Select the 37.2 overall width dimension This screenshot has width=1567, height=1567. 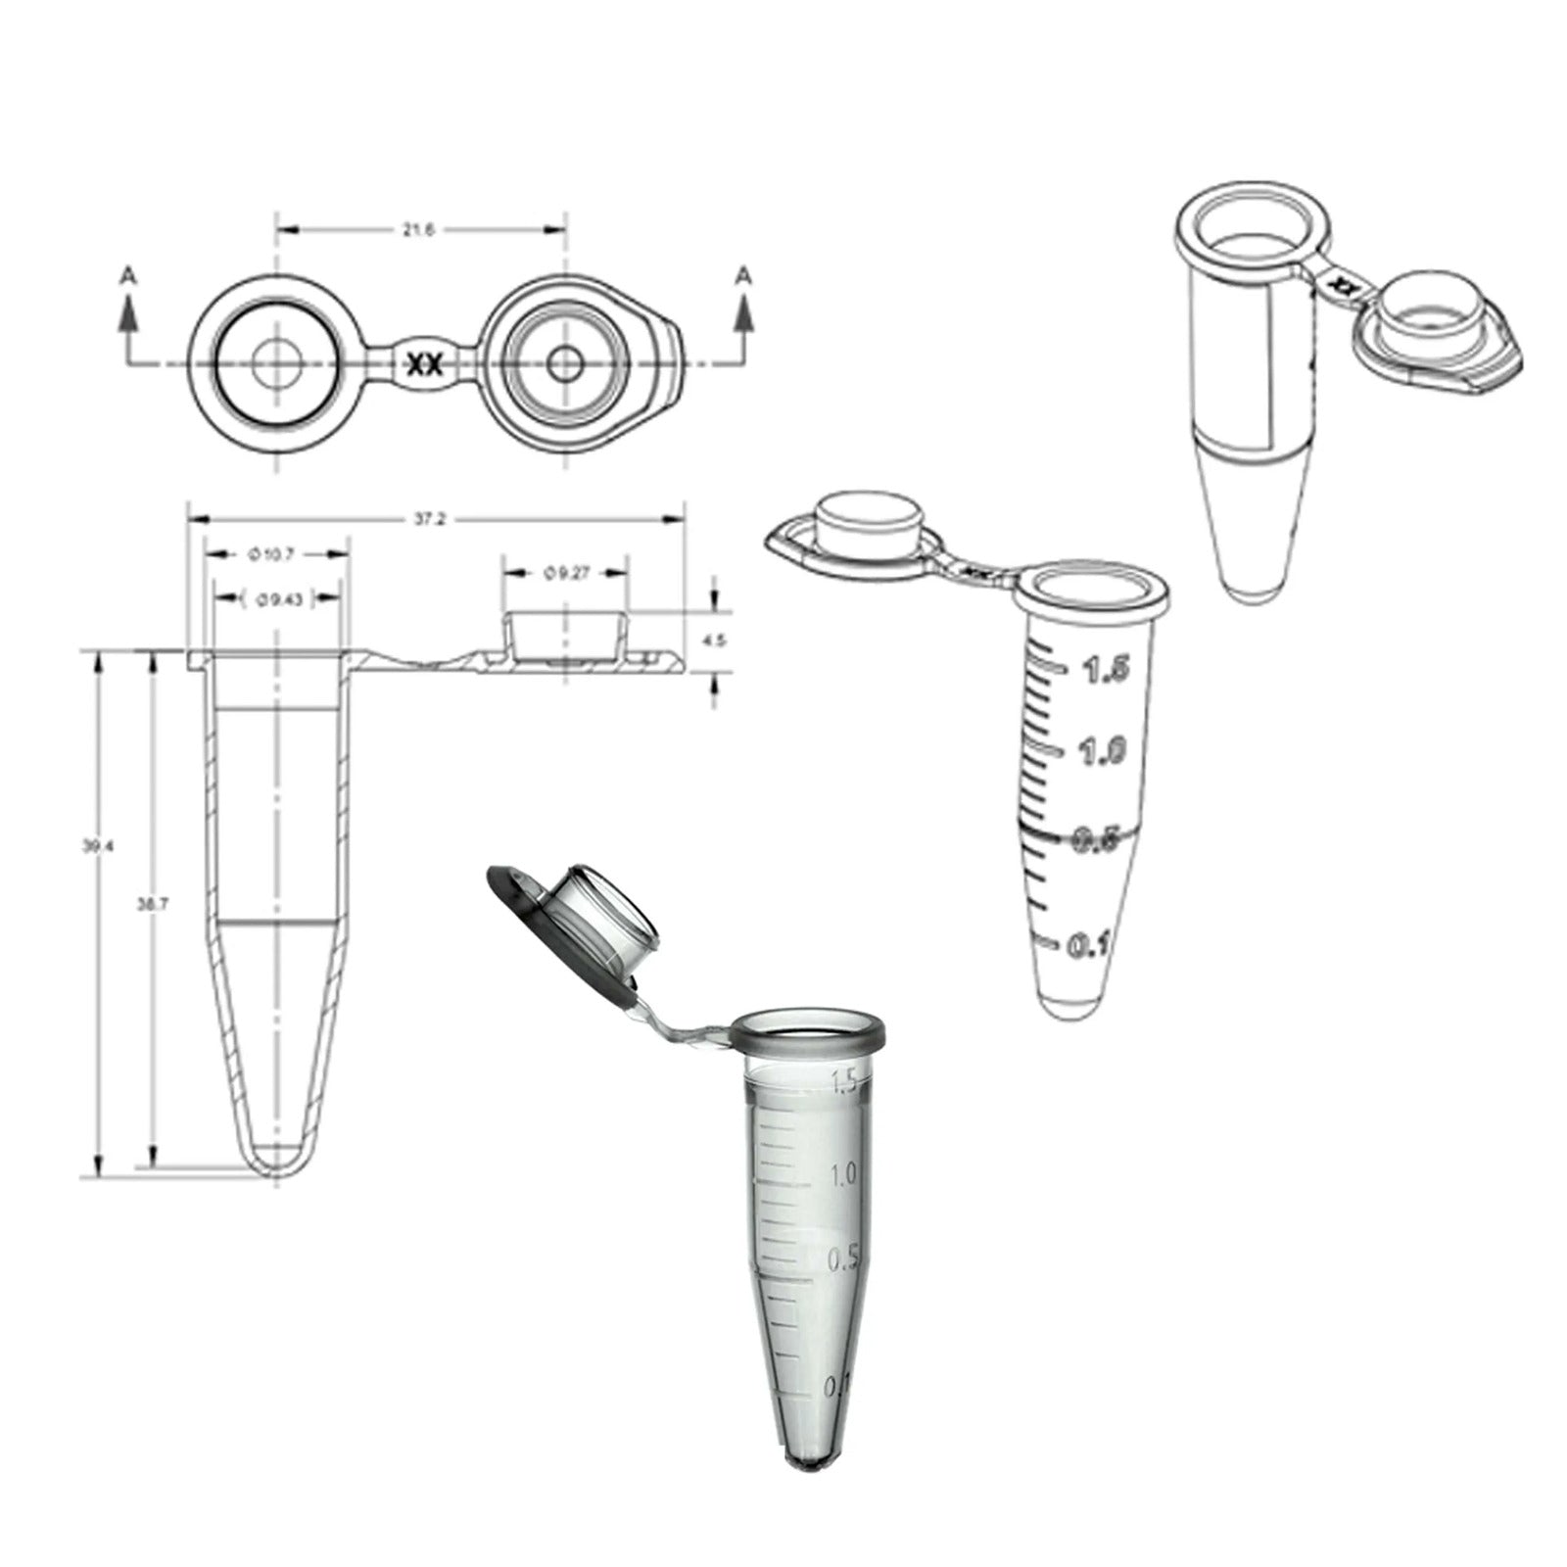click(435, 519)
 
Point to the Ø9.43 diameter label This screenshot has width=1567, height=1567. click(278, 600)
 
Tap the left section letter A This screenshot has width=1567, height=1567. click(127, 277)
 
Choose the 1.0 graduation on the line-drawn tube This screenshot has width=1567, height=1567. click(1101, 752)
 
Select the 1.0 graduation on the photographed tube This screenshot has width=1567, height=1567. click(843, 1172)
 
